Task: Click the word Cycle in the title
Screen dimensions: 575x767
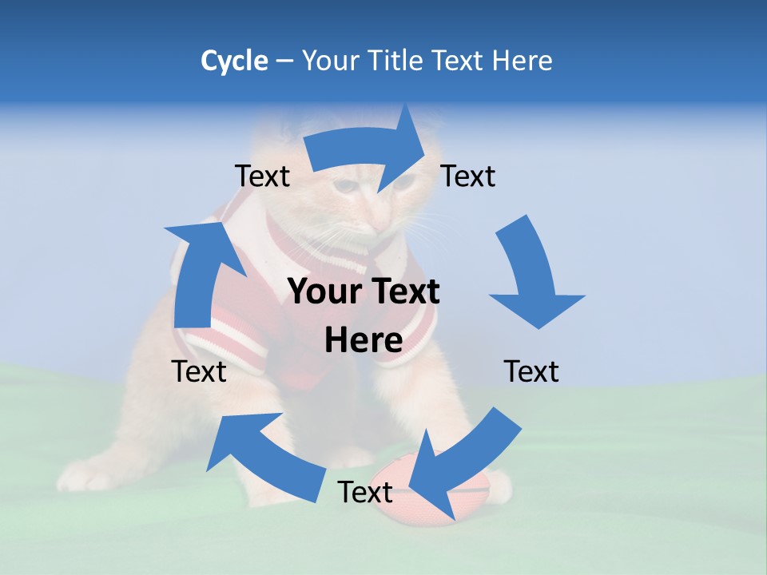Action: (x=234, y=61)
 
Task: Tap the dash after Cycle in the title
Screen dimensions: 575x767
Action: (x=284, y=61)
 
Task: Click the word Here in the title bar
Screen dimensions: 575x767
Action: (x=523, y=61)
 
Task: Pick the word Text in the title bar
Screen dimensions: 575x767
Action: (x=460, y=61)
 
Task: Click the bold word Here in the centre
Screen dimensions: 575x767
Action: (x=364, y=340)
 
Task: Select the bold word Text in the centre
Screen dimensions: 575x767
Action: (x=403, y=291)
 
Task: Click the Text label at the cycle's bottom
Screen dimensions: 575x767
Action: (x=365, y=493)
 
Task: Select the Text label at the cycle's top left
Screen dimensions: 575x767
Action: (x=262, y=176)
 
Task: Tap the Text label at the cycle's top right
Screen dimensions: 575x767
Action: (x=468, y=176)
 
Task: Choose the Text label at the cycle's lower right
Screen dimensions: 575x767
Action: (x=531, y=371)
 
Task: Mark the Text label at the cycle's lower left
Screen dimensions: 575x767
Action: (x=199, y=371)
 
